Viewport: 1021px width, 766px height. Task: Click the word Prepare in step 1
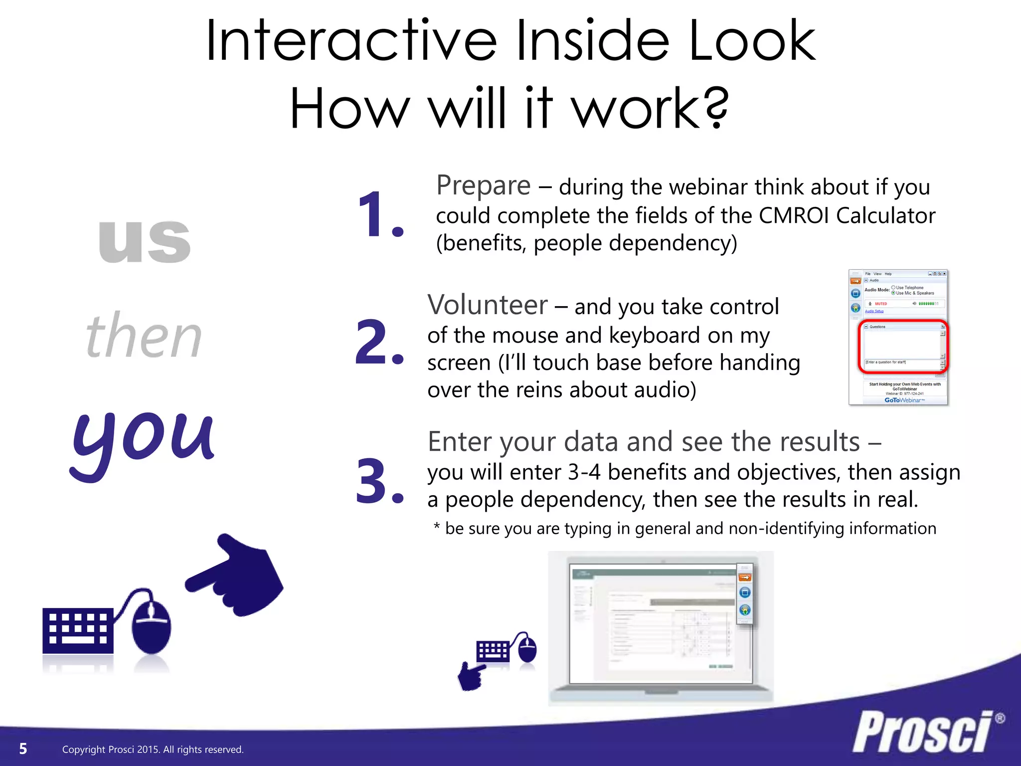(483, 186)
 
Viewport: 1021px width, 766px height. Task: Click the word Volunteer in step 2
(487, 305)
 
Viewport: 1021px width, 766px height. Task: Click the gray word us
(145, 241)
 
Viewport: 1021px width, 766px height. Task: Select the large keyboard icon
(78, 630)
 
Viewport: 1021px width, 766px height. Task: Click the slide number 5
(23, 749)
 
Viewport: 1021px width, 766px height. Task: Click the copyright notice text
(153, 750)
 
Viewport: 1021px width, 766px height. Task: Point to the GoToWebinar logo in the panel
(904, 400)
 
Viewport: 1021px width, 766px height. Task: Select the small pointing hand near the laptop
(471, 676)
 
